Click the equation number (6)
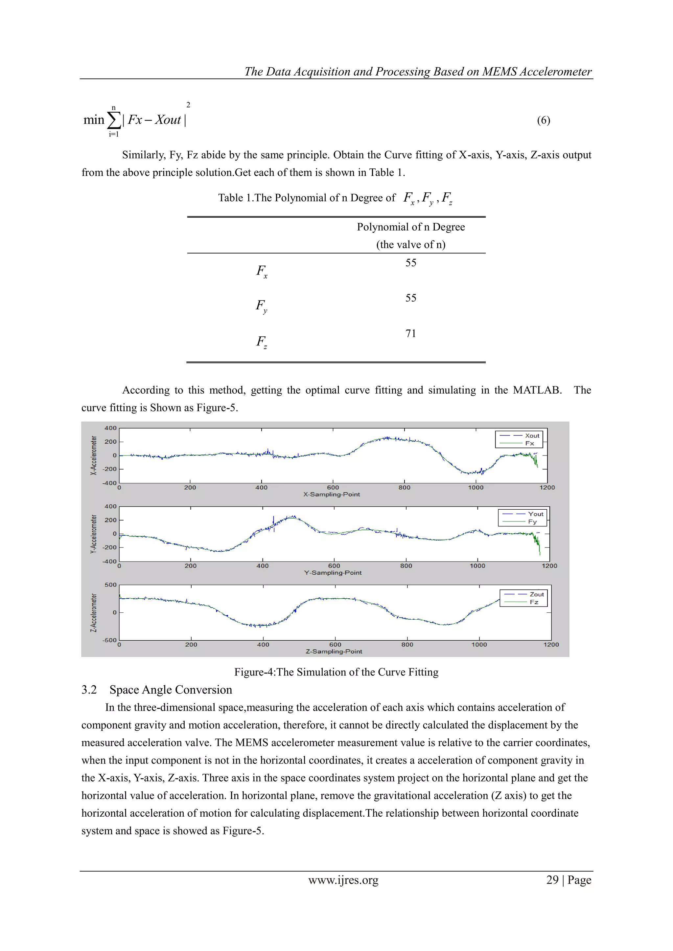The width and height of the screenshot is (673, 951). [x=543, y=121]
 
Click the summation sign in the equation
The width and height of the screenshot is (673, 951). [x=114, y=120]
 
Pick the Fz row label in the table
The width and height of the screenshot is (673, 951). [x=262, y=342]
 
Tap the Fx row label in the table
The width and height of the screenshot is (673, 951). [x=262, y=271]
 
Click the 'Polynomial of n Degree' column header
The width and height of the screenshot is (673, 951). [x=411, y=227]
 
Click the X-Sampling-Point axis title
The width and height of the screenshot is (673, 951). [x=332, y=495]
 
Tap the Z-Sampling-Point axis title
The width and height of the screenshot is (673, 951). [x=334, y=652]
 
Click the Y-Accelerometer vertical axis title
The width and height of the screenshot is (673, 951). [x=94, y=534]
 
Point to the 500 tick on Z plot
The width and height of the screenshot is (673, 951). [x=110, y=585]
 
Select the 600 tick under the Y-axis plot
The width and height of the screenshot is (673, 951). [x=334, y=566]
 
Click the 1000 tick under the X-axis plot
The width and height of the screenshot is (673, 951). [x=476, y=488]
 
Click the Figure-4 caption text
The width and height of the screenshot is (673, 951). [x=336, y=672]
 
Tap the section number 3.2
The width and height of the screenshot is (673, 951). [x=89, y=690]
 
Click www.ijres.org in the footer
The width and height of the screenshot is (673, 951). [x=343, y=880]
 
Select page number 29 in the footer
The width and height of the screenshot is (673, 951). [x=552, y=880]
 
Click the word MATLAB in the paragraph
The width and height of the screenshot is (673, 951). [x=537, y=390]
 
